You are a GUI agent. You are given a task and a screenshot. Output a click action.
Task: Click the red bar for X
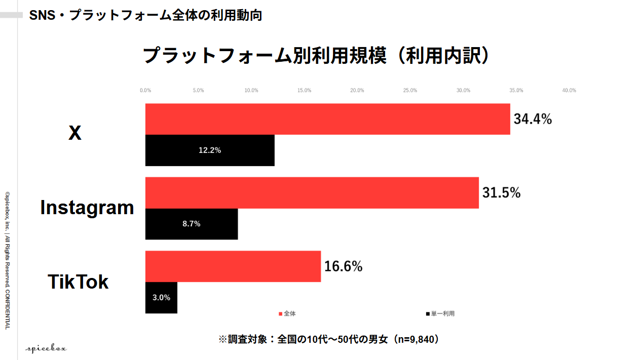coord(328,119)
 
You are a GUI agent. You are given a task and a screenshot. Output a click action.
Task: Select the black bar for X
coord(210,150)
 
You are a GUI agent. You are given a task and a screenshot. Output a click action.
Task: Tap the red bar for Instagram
coord(312,193)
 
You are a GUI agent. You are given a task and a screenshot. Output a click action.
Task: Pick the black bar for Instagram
coord(192,224)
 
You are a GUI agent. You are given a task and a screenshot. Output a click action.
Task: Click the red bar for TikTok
coord(233,266)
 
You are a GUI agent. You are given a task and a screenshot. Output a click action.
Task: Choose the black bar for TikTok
coord(161,298)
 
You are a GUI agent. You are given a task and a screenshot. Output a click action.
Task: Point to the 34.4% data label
coord(533,119)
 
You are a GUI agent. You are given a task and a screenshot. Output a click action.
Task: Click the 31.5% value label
coord(501,193)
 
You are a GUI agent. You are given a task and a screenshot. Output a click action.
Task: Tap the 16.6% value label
coord(343,266)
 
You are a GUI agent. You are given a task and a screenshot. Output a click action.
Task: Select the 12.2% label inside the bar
coord(210,150)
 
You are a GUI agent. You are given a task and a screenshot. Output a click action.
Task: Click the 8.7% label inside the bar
coord(192,224)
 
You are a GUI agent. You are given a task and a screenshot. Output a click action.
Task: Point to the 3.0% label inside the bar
coord(162,298)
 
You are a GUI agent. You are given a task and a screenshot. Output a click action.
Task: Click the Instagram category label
coord(87,208)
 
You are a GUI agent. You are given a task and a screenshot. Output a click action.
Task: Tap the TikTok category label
coord(78,282)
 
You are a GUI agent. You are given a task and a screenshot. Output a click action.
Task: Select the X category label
coord(75,133)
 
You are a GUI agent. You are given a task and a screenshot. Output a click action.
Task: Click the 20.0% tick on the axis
coord(357,90)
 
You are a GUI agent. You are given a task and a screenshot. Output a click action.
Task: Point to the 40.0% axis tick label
coord(569,90)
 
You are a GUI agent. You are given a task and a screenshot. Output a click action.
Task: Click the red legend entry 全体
coord(287,314)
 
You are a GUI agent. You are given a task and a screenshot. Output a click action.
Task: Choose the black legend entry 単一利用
coord(440,314)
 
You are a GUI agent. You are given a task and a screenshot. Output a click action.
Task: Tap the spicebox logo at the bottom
coord(46,348)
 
